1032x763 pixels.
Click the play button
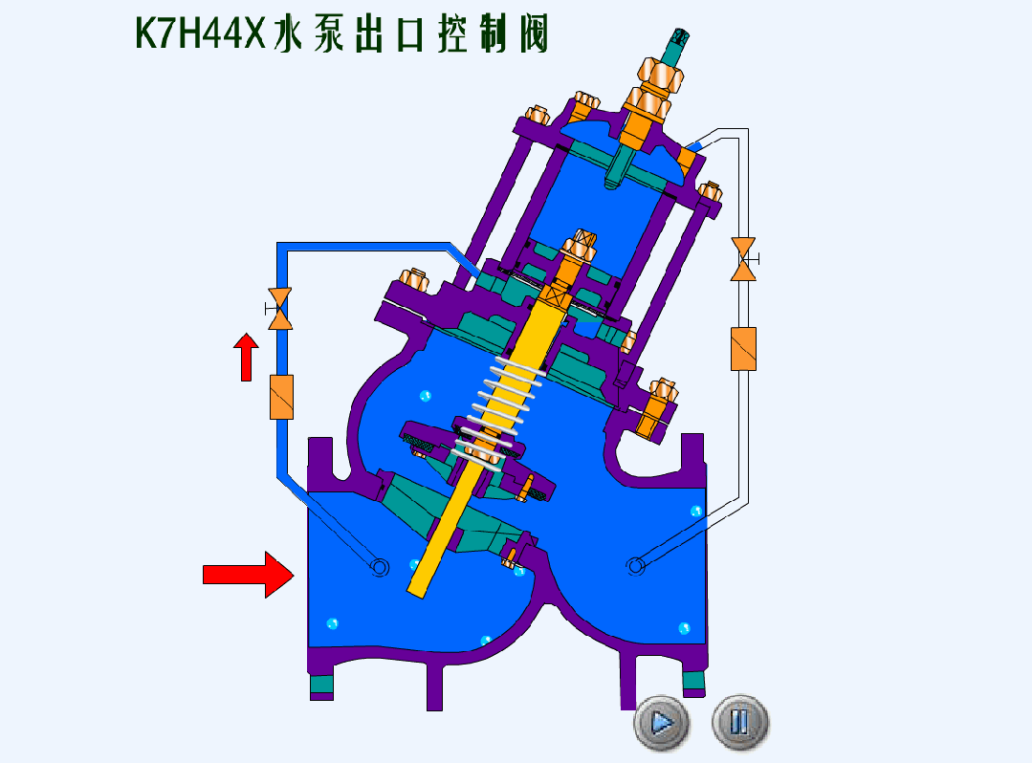click(662, 723)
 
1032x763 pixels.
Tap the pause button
click(739, 722)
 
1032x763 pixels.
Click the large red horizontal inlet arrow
click(248, 575)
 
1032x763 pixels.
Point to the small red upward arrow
click(246, 358)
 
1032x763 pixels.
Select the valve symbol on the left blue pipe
click(280, 309)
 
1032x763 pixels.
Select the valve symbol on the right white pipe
click(744, 259)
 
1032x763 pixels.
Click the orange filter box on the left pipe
click(282, 398)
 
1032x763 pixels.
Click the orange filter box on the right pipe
click(744, 349)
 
